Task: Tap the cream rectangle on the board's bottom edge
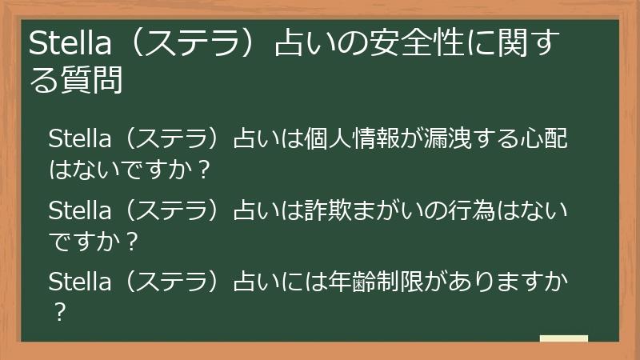(563, 338)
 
